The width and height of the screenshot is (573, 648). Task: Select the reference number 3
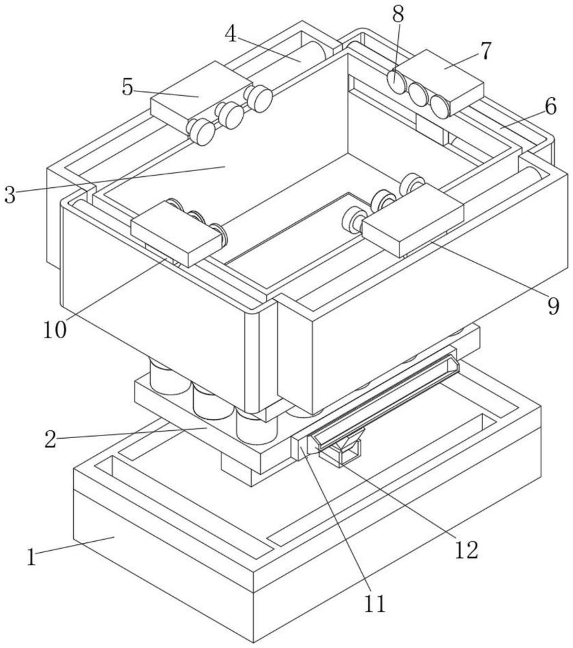coord(10,195)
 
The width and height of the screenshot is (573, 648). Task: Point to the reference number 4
coord(231,34)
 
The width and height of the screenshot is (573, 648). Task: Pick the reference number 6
coord(550,107)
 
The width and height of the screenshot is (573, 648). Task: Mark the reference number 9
coord(552,305)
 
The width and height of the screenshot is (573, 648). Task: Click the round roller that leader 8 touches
coord(395,80)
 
